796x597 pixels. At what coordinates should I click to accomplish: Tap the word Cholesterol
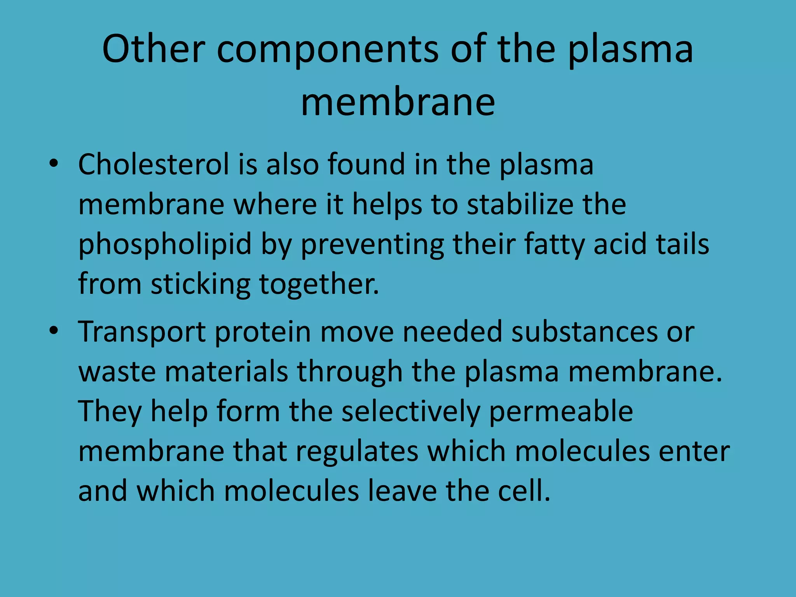pyautogui.click(x=154, y=164)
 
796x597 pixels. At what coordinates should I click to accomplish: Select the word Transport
pyautogui.click(x=142, y=333)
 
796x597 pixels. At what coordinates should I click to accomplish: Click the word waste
pyautogui.click(x=117, y=372)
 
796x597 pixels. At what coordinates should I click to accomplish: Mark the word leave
pyautogui.click(x=402, y=491)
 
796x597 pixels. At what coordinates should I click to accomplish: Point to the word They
pyautogui.click(x=110, y=412)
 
